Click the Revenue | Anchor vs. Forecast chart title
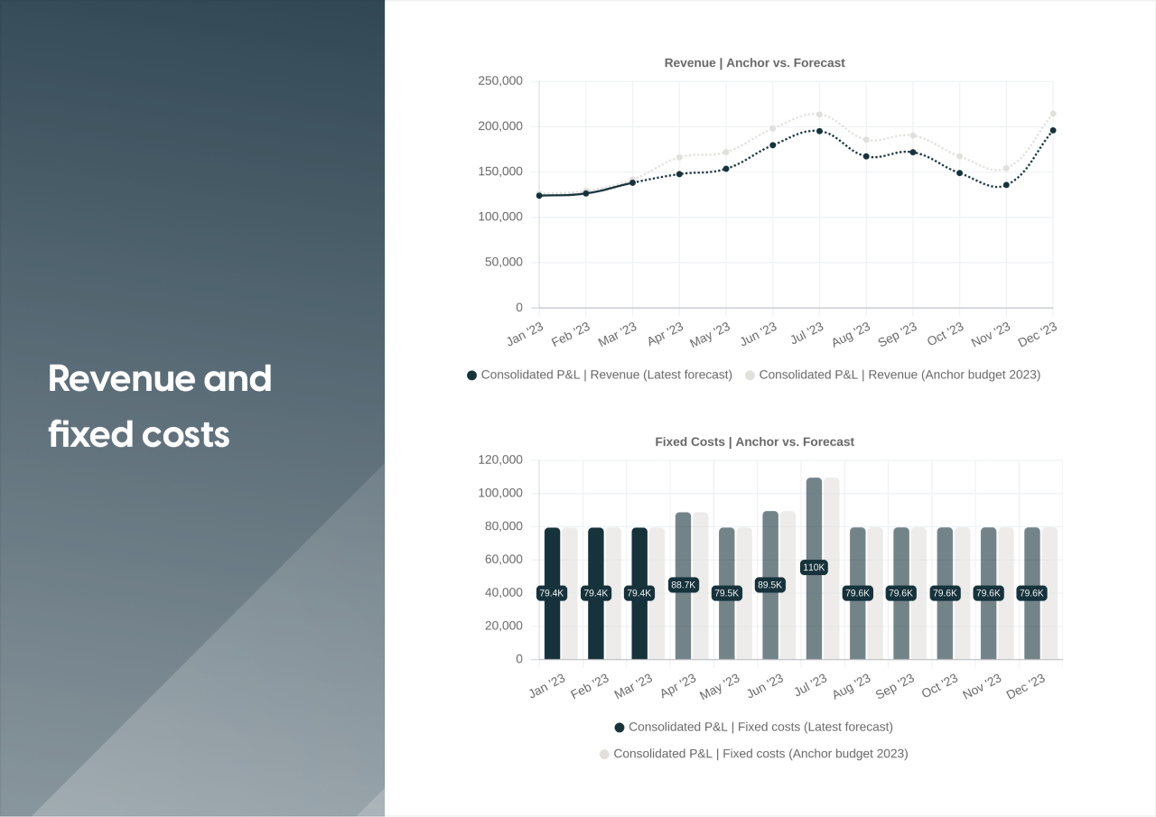[x=754, y=63]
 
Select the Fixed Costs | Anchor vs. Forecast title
[x=754, y=442]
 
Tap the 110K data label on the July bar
[x=814, y=567]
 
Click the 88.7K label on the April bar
[x=683, y=585]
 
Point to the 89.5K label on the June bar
[x=770, y=585]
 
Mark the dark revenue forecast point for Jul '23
[x=819, y=131]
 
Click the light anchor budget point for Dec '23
[x=1053, y=114]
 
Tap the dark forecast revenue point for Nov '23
[x=1006, y=185]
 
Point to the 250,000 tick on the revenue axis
[x=499, y=81]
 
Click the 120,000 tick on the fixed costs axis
[x=499, y=460]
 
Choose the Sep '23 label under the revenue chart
[x=897, y=334]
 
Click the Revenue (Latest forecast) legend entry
[x=606, y=375]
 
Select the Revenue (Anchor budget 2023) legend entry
[x=899, y=375]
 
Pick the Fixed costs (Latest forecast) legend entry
[x=760, y=727]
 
